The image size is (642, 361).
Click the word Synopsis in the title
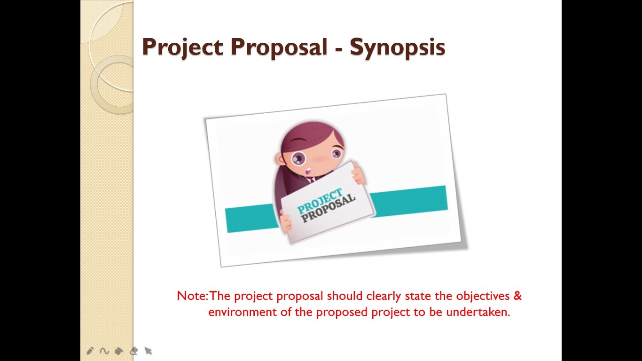tap(397, 47)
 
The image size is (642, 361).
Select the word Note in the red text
tap(191, 296)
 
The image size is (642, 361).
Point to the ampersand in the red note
tap(517, 296)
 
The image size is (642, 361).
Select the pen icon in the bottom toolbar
tap(90, 351)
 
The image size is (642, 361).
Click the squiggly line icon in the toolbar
tap(104, 351)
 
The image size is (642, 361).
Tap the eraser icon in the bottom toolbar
tap(133, 351)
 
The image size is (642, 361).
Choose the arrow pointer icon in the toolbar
tap(148, 351)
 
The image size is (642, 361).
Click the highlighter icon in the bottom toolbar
tap(119, 351)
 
